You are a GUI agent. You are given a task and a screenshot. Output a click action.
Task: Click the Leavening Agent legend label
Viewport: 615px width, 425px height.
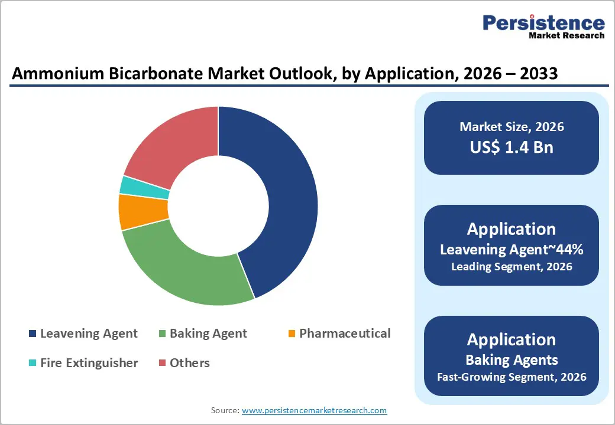coord(89,334)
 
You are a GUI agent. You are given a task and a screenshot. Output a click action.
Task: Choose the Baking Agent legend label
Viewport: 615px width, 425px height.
coord(208,334)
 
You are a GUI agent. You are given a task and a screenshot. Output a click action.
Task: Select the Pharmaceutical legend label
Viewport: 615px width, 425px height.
coord(345,334)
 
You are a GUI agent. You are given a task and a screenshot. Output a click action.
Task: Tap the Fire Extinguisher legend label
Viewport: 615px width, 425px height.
coord(89,363)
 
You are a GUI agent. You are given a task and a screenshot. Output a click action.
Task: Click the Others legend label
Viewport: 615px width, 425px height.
coord(189,363)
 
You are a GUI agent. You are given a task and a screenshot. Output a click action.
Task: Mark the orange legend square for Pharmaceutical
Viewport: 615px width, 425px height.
coord(292,334)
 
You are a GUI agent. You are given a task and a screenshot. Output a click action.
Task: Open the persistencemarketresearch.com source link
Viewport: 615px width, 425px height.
coord(314,410)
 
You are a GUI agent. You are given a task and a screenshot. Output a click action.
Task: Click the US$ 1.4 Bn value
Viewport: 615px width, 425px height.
coord(512,147)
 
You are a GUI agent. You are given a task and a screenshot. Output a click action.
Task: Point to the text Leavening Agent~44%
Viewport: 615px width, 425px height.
coord(512,250)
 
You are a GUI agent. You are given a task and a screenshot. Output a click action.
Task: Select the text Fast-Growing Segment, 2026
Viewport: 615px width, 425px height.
coord(512,377)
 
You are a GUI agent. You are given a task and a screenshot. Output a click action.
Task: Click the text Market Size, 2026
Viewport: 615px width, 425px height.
coord(512,127)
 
